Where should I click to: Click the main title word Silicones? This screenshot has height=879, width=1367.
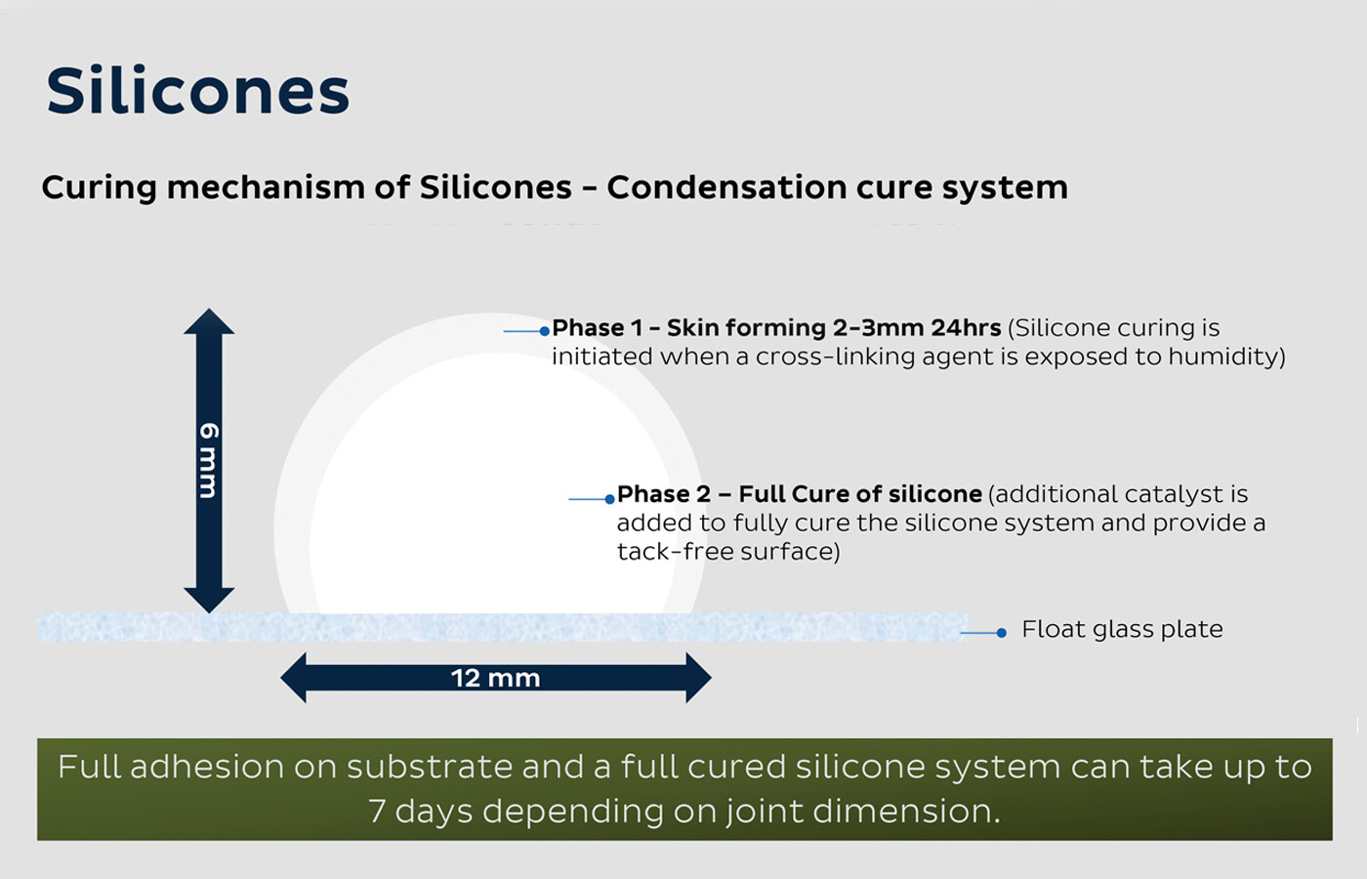click(x=197, y=90)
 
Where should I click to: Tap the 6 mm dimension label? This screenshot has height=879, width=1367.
click(x=209, y=460)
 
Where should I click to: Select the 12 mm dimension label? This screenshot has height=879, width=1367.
click(x=496, y=678)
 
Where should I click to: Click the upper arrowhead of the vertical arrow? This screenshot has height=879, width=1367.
click(x=209, y=321)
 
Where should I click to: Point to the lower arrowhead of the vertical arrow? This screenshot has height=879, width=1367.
click(x=209, y=600)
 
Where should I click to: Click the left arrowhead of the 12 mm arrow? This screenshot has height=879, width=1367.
click(x=294, y=678)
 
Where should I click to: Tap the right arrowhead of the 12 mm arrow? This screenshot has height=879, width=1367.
click(x=699, y=678)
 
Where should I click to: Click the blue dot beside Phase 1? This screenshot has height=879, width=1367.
click(x=545, y=331)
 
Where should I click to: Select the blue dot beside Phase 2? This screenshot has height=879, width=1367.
click(x=609, y=499)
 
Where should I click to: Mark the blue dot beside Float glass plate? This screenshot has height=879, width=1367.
click(x=1001, y=633)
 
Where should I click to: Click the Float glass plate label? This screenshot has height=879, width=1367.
click(x=1122, y=629)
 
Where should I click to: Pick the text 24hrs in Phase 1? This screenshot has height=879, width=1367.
click(x=966, y=328)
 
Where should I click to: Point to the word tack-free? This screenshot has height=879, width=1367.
click(x=675, y=551)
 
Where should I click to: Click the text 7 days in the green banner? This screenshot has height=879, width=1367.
click(x=421, y=812)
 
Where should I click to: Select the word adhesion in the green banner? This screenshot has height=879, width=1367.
click(x=207, y=767)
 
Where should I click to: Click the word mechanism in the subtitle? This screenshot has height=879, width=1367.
click(x=266, y=187)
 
